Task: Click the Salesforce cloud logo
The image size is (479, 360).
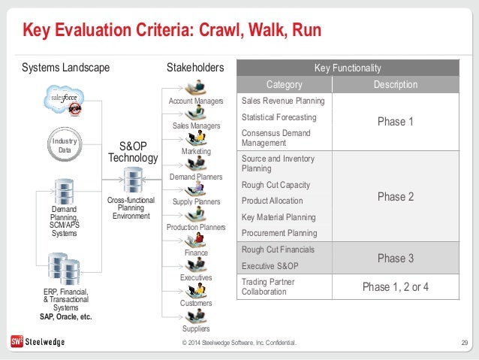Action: point(63,99)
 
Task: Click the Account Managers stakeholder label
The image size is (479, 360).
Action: point(196,101)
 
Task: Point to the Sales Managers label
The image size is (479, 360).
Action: point(196,126)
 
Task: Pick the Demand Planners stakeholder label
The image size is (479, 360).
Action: point(196,177)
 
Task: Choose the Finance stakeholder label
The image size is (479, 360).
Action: point(196,253)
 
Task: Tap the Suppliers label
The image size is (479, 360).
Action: point(196,328)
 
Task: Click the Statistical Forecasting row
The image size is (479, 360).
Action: point(279,117)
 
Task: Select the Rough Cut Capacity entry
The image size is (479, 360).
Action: point(276,185)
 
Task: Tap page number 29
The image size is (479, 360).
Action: point(463,343)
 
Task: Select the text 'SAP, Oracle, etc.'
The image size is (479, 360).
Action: point(66,316)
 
